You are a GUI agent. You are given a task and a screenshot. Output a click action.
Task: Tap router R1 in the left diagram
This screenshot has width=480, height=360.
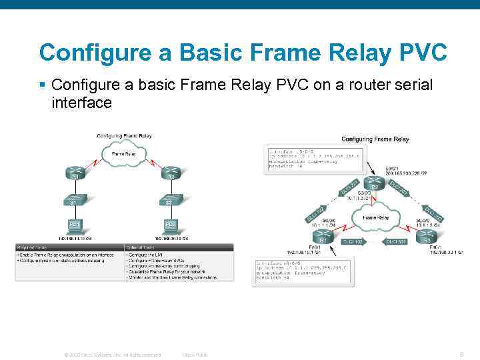point(75,173)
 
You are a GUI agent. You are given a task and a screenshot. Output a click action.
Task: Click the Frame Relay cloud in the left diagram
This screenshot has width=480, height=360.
point(123,154)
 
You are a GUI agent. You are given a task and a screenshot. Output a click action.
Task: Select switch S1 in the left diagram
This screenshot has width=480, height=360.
point(75,199)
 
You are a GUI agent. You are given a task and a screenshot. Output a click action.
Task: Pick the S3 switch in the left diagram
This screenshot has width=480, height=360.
point(171,199)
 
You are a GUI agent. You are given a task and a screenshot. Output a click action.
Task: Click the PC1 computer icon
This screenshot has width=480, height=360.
point(75,224)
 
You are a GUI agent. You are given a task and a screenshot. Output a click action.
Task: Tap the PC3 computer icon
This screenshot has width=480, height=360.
point(171,224)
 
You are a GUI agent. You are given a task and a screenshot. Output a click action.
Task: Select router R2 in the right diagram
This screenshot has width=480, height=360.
point(375,184)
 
